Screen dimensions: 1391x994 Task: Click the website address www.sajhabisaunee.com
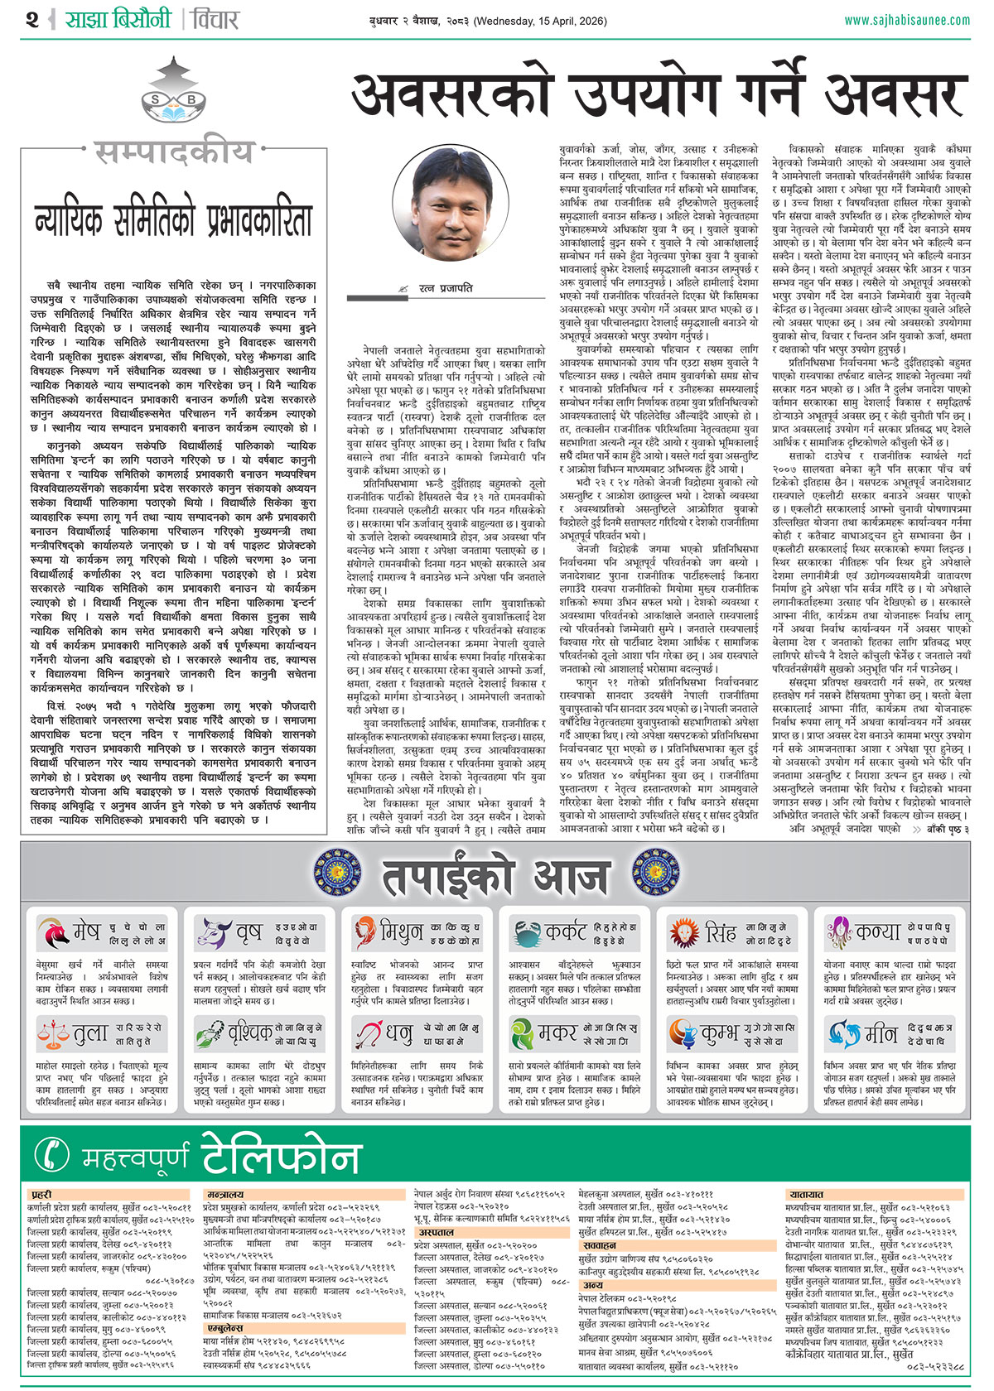click(x=906, y=19)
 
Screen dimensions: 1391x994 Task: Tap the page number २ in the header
click(x=32, y=19)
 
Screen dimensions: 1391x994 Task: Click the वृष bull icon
click(x=212, y=933)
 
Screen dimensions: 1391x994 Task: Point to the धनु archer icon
click(x=369, y=1033)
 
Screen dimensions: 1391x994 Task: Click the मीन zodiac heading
click(x=880, y=1034)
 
